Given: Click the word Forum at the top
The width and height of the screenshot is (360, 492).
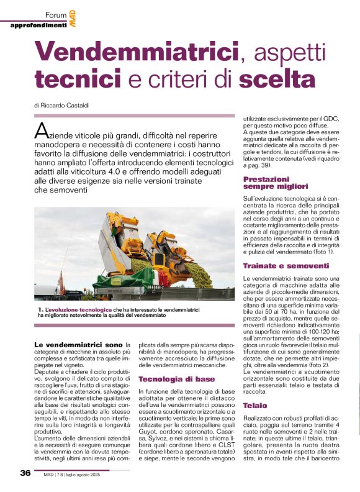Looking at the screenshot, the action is [x=56, y=14].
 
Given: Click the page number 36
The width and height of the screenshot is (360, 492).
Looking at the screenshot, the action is [x=25, y=473].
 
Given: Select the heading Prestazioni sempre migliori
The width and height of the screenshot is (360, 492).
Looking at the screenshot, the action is [x=276, y=182].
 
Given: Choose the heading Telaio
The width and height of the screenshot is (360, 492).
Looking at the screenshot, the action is [x=255, y=404].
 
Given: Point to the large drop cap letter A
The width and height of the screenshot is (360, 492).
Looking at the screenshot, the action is [x=42, y=131].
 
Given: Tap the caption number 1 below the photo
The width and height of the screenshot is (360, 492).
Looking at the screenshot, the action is [x=39, y=309].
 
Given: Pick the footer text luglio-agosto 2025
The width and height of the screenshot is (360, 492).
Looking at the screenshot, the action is [x=94, y=473].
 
